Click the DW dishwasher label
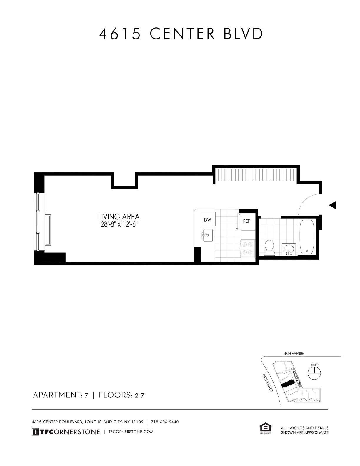tap(208, 220)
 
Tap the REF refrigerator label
tap(246, 221)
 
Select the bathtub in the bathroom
tap(307, 237)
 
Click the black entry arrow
tap(332, 205)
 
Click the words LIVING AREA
tap(119, 217)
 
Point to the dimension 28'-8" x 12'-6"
tap(119, 224)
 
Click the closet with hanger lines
tap(256, 176)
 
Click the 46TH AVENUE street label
tap(294, 354)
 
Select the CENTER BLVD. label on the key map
tap(268, 382)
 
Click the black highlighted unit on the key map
tap(288, 384)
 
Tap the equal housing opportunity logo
tap(265, 428)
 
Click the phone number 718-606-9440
tap(165, 422)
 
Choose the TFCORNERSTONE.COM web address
tap(131, 432)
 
